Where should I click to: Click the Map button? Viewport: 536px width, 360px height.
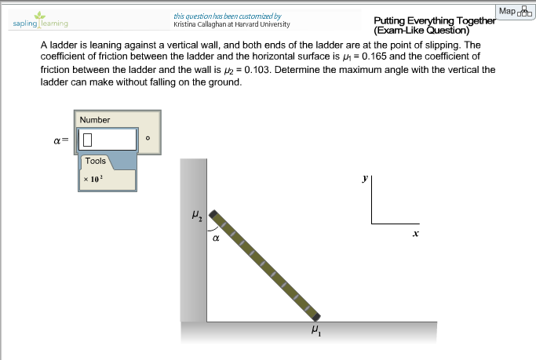coord(515,11)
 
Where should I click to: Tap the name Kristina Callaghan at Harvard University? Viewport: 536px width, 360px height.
coord(232,24)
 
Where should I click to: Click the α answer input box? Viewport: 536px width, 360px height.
coord(107,140)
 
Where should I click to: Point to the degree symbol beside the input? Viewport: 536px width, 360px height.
coord(148,140)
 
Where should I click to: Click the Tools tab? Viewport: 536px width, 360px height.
coord(96,161)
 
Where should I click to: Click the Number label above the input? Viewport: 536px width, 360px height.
coord(95,120)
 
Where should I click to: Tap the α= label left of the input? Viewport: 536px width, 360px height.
coord(60,140)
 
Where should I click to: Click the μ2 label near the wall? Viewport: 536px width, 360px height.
coord(196,213)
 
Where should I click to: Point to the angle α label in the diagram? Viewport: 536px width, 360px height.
coord(215,240)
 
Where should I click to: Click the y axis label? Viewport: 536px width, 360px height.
coord(364,179)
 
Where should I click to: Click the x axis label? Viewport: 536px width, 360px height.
coord(416,233)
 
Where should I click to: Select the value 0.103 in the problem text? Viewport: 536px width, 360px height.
coord(260,69)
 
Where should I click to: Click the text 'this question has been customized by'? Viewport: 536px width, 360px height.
coord(228,16)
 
